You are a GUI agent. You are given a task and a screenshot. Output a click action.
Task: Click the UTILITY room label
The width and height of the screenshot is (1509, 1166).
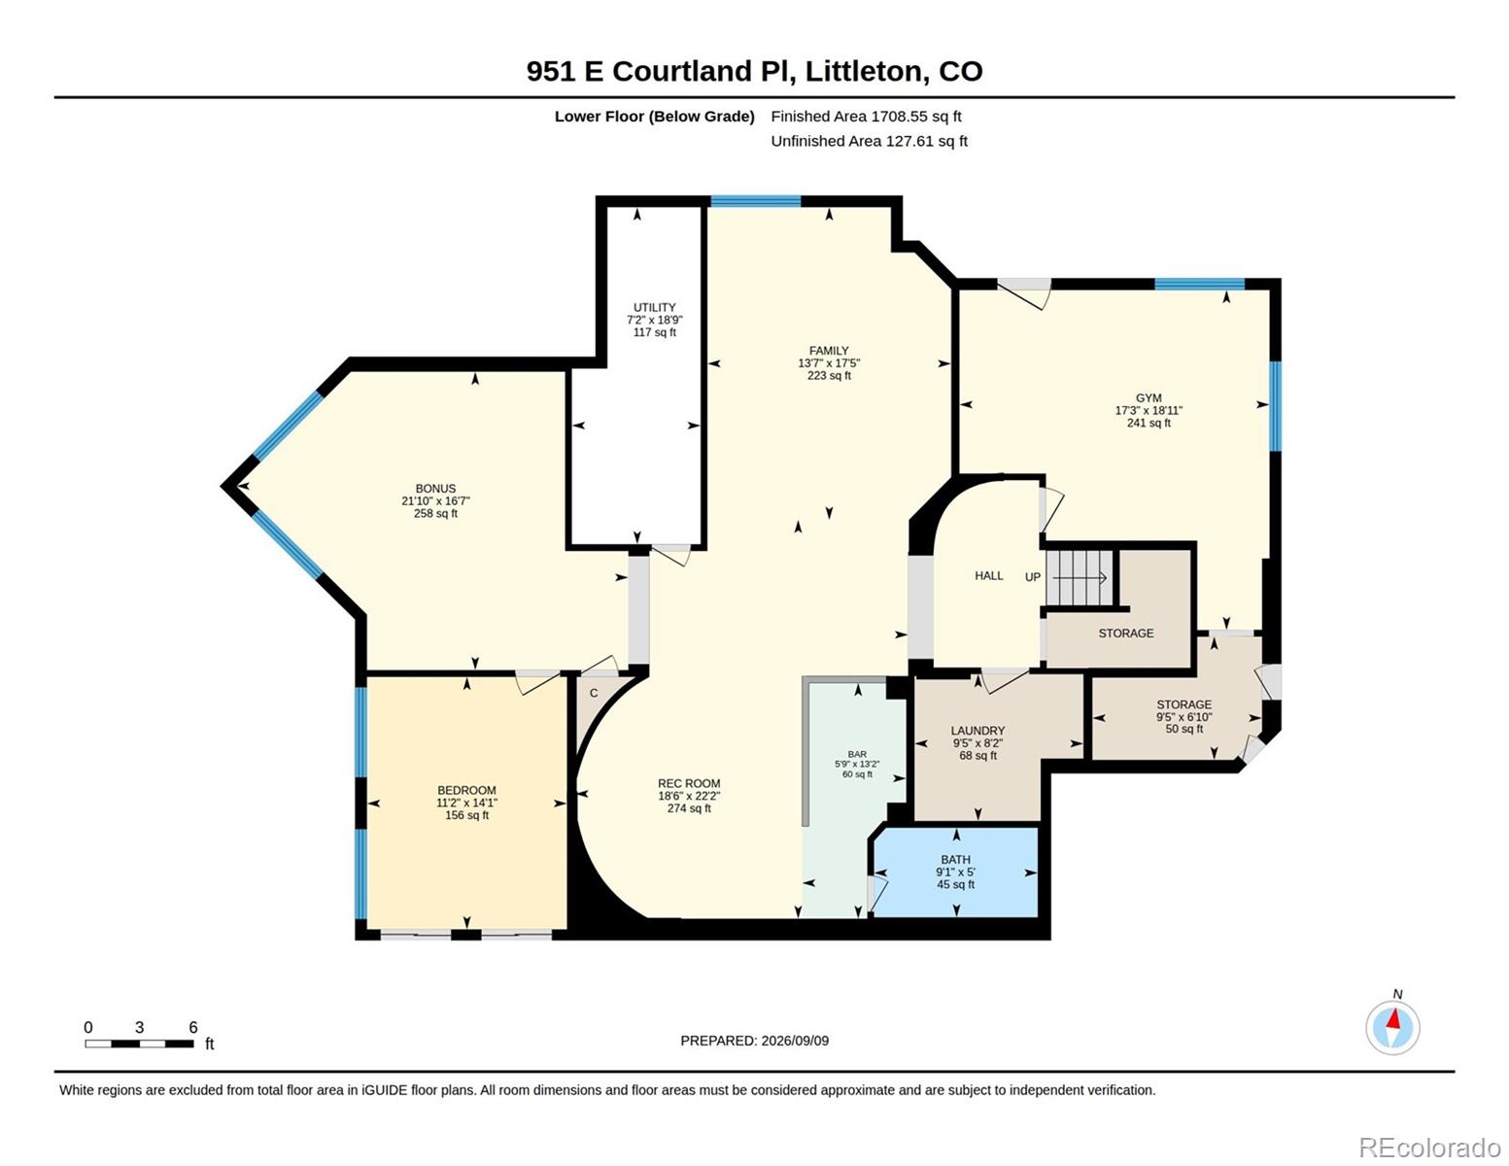click(654, 307)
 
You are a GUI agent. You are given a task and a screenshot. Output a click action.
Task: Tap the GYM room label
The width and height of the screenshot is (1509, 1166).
click(1149, 398)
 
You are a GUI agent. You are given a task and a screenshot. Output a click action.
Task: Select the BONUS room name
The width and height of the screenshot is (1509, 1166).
click(435, 488)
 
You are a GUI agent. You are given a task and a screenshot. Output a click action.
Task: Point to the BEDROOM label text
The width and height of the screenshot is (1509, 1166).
click(466, 790)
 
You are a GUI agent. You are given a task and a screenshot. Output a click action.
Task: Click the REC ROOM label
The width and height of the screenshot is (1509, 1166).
click(689, 783)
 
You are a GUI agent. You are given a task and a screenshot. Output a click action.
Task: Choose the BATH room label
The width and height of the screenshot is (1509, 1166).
click(955, 860)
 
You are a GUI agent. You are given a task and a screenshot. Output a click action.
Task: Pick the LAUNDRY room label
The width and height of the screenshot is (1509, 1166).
click(977, 731)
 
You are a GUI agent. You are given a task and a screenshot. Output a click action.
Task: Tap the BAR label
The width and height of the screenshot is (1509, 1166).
click(857, 754)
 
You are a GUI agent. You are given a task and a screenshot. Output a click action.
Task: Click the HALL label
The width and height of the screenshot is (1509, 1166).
click(989, 575)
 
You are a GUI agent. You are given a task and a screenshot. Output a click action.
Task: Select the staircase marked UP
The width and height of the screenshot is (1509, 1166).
click(1080, 578)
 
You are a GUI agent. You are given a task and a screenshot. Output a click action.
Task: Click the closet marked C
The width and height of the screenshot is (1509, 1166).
click(594, 693)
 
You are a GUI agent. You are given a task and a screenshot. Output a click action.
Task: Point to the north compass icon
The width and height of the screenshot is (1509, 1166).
click(1392, 1027)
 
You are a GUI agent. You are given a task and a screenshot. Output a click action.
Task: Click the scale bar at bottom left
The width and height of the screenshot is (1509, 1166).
click(140, 1044)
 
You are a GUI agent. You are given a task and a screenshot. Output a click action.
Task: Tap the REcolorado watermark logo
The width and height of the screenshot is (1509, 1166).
click(1431, 1147)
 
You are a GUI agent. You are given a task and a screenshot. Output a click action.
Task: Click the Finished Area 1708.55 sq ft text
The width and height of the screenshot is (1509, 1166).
click(866, 117)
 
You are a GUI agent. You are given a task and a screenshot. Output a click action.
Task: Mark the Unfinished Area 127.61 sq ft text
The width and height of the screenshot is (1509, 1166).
click(869, 141)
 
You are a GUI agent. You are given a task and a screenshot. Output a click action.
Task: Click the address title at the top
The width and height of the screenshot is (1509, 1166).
click(754, 72)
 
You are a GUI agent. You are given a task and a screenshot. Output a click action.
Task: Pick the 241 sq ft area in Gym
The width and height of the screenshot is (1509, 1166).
click(1149, 423)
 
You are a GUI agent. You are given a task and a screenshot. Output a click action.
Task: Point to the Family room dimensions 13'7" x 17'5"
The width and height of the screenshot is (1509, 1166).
click(829, 363)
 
